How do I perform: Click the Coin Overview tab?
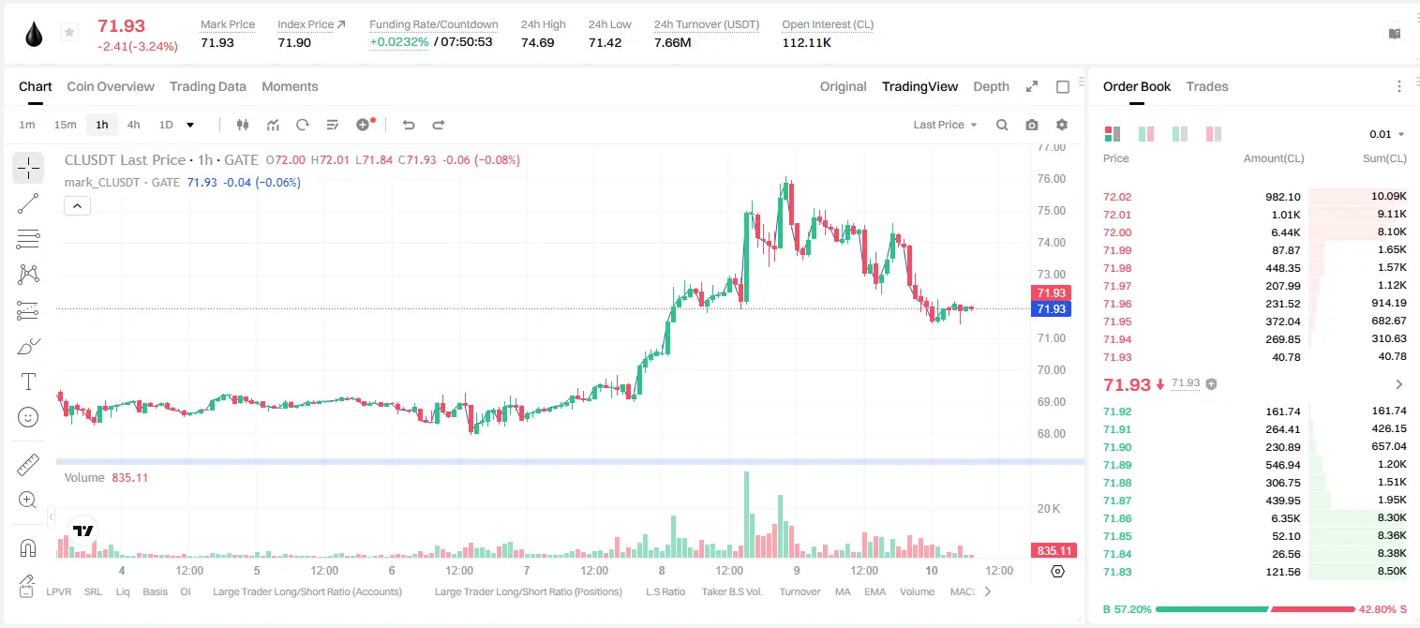(111, 86)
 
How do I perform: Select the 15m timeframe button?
(65, 125)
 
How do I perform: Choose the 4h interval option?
(133, 125)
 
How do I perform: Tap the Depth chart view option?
(991, 86)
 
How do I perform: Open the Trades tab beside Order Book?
(1207, 86)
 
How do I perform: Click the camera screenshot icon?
(1031, 125)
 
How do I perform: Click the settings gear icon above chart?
(1062, 125)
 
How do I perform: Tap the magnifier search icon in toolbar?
(1002, 125)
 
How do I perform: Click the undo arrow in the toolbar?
(409, 125)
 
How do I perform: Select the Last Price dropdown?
(945, 125)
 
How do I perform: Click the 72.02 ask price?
(1117, 197)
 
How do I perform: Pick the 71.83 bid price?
(1117, 572)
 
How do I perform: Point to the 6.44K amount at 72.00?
(1286, 232)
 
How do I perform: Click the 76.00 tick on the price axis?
(1051, 179)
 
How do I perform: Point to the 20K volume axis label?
(1049, 508)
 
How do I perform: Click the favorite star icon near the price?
(69, 32)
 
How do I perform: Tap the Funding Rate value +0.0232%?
(398, 42)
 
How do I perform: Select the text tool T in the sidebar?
(28, 381)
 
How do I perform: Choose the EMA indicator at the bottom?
(874, 591)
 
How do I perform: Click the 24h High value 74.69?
(538, 42)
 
